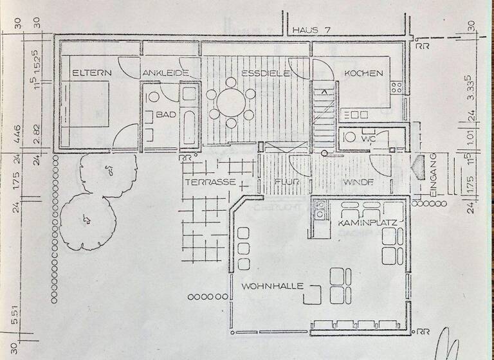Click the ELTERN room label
(x=91, y=73)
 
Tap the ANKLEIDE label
(x=165, y=73)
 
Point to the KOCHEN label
(x=364, y=73)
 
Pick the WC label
(x=368, y=138)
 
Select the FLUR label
(x=284, y=182)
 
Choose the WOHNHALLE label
(x=272, y=285)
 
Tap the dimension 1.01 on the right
(x=471, y=136)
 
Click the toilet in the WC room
(x=350, y=137)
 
